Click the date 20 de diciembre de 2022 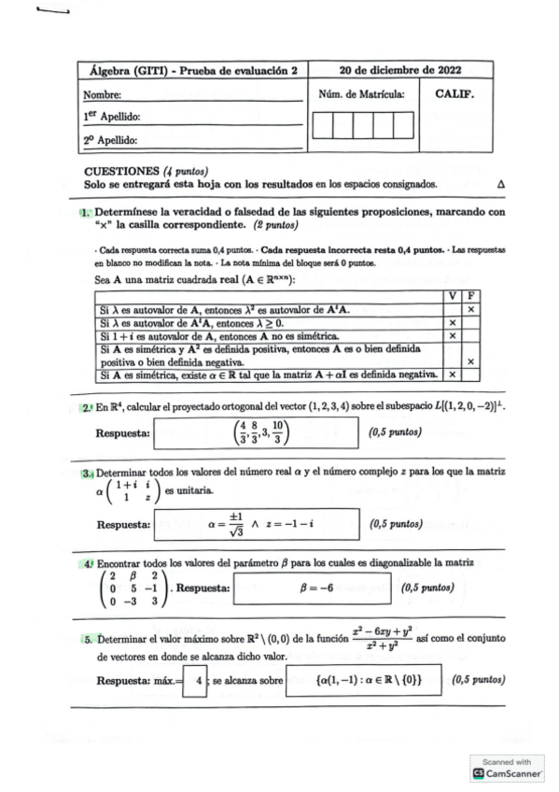pos(400,69)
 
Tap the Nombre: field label pos(104,94)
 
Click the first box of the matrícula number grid pos(322,125)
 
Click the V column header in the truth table pos(452,295)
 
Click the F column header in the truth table pos(471,295)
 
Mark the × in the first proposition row pos(471,308)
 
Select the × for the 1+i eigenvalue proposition pos(452,334)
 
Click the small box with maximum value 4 pos(197,681)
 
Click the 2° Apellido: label pos(111,141)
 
